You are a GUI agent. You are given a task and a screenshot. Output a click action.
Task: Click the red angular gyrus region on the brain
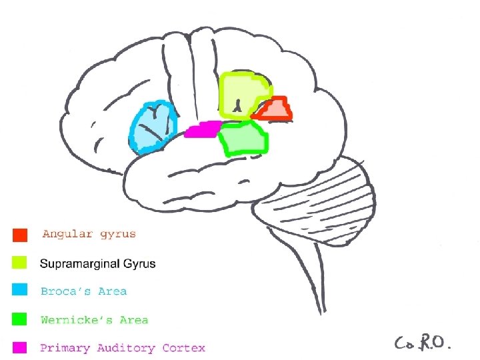coord(275,109)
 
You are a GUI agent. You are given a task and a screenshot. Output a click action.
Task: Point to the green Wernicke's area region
coord(244,139)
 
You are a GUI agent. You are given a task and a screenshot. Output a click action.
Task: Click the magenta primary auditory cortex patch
coord(202,129)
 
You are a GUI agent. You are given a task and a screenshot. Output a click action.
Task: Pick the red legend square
coord(20,235)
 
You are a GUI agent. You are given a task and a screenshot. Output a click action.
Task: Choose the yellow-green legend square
coord(20,263)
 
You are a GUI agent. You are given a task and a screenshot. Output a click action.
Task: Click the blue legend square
coord(20,291)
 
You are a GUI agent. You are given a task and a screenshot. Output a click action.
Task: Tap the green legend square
coord(20,319)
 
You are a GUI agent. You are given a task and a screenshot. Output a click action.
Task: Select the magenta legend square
coord(20,347)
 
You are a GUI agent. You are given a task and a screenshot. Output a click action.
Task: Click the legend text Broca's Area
coord(83,291)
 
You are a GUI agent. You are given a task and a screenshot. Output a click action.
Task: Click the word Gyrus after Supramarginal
coord(139,263)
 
